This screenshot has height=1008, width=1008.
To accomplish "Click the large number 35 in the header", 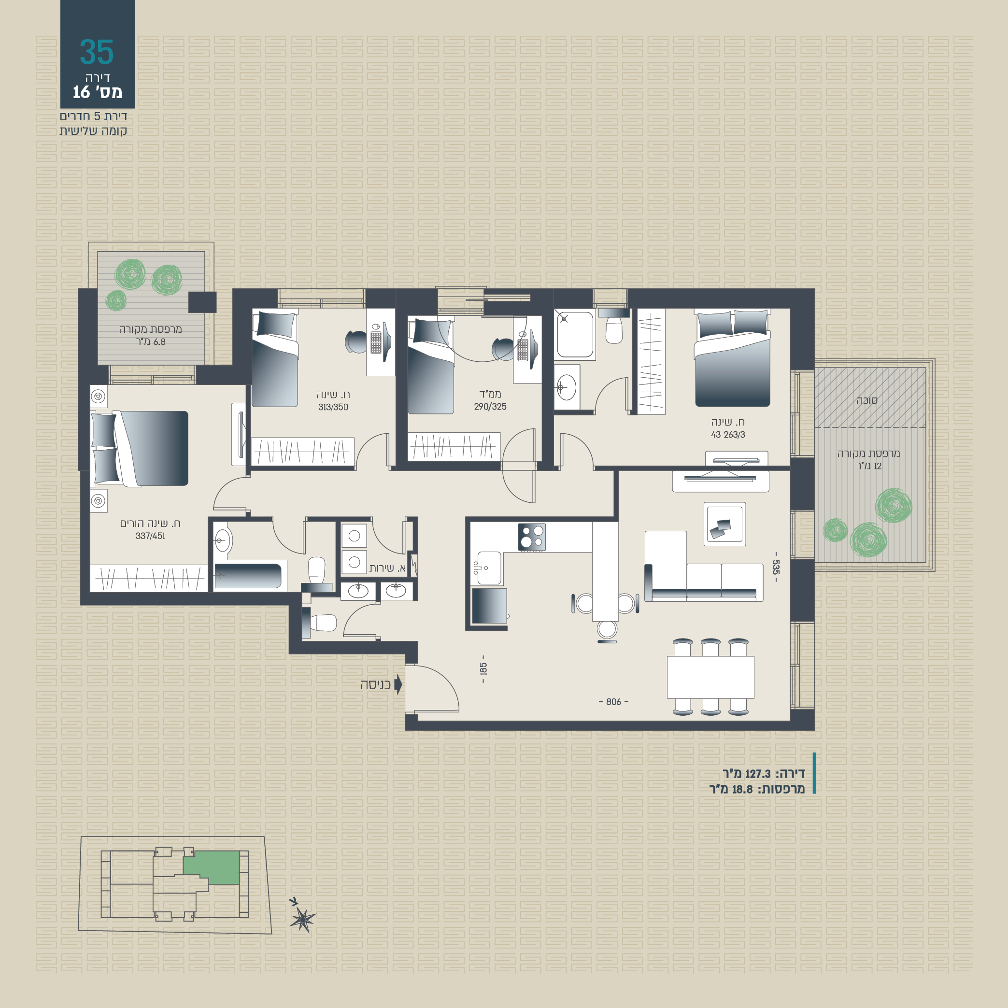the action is (x=97, y=52).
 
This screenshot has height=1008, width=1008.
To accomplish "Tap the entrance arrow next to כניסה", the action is (x=398, y=684).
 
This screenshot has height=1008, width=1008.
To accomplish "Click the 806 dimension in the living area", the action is (x=613, y=702).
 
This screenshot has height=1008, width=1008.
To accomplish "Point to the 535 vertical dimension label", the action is (x=776, y=567).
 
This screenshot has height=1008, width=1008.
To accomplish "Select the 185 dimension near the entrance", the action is (x=483, y=669).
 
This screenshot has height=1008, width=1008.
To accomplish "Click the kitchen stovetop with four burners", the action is (x=532, y=538).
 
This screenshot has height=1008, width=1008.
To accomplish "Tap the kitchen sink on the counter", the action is (x=489, y=568).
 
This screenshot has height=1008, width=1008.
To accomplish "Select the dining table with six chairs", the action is (x=710, y=677).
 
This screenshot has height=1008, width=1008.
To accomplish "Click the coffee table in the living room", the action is (x=724, y=524).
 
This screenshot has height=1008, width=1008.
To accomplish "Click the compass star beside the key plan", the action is (x=303, y=919).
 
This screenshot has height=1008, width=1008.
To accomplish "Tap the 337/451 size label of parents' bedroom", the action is (x=150, y=536).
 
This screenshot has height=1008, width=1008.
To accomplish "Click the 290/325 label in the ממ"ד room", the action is (x=490, y=406).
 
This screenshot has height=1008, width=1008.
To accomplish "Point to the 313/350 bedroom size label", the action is (x=333, y=407).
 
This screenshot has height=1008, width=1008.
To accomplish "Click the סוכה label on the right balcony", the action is (x=866, y=400).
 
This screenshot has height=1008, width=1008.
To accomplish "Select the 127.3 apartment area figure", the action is (x=757, y=774).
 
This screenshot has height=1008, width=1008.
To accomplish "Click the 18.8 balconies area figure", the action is (x=742, y=789).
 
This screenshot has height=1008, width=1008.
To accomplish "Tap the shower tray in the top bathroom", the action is (x=574, y=334).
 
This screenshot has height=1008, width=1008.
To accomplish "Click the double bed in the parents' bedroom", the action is (x=140, y=448).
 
